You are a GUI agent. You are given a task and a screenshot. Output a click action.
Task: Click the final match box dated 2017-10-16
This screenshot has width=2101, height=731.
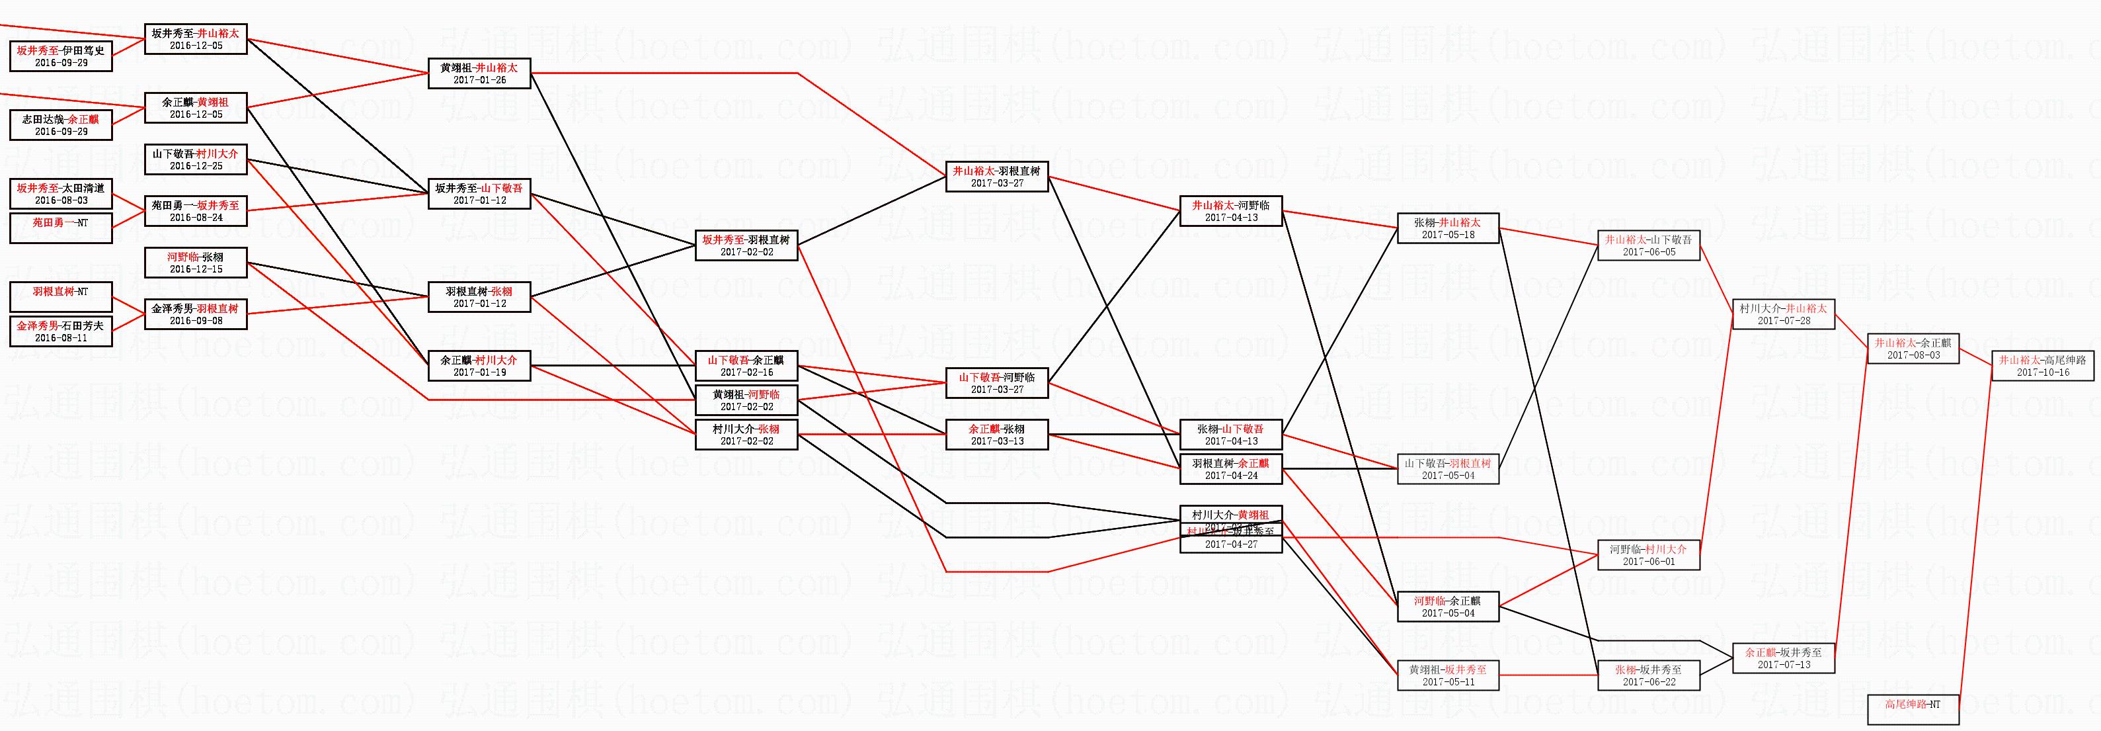tap(2042, 365)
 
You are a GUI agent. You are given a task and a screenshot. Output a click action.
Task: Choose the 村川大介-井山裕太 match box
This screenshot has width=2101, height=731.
tap(1783, 315)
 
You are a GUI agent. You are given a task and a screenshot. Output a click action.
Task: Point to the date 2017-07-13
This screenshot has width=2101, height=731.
tap(1783, 665)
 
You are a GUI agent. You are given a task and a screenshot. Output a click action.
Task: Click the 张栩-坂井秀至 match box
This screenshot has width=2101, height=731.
tap(1648, 675)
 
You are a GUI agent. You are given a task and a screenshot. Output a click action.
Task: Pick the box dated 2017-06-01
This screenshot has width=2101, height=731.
tap(1648, 556)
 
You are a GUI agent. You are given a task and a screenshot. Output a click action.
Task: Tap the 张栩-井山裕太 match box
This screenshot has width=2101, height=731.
tap(1448, 228)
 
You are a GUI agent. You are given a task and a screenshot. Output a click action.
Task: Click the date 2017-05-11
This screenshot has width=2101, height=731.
tap(1448, 682)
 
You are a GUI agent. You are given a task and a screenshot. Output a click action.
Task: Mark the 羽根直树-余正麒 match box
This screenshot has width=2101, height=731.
tap(1231, 469)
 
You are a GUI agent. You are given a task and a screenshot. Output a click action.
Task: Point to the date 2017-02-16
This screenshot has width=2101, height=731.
tap(746, 372)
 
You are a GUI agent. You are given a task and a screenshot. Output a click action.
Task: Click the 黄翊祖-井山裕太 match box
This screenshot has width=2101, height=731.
tap(479, 73)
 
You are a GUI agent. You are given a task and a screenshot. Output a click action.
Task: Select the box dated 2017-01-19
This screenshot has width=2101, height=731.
tap(479, 372)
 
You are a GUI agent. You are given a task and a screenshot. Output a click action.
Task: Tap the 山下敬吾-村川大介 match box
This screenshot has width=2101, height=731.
tap(196, 159)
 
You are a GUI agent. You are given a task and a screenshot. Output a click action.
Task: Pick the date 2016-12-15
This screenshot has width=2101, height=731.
tap(196, 269)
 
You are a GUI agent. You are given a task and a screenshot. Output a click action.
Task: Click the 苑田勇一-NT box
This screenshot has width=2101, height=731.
tap(60, 228)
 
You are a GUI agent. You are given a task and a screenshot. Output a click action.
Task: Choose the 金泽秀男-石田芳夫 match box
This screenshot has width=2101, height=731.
tap(60, 331)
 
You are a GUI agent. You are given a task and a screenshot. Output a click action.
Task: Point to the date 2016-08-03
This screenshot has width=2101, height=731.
tap(60, 200)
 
